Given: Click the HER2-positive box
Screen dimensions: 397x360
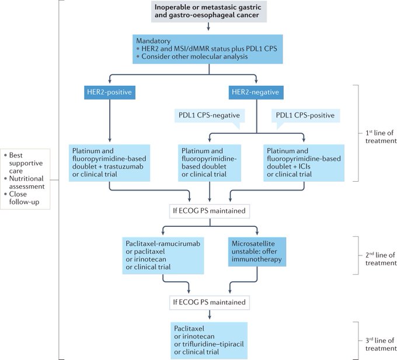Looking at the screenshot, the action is pyautogui.click(x=110, y=92).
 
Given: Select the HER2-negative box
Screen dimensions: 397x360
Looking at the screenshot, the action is pyautogui.click(x=256, y=92).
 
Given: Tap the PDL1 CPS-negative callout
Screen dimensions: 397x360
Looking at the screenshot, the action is pyautogui.click(x=210, y=116).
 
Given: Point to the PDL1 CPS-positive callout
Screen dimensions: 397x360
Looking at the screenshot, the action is pyautogui.click(x=305, y=116).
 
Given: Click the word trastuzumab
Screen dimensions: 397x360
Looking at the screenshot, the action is pyautogui.click(x=124, y=167).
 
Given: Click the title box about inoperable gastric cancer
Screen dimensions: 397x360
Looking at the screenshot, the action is pyautogui.click(x=209, y=11).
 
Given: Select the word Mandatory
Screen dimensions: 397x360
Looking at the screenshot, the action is pyautogui.click(x=153, y=41).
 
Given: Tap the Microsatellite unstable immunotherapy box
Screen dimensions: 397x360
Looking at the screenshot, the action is pyautogui.click(x=257, y=252).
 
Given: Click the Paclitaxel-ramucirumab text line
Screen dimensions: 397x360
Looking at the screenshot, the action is pyautogui.click(x=163, y=244).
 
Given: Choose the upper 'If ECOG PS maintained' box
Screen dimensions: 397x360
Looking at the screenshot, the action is pyautogui.click(x=210, y=211).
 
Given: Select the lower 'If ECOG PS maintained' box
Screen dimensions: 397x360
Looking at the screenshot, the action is pyautogui.click(x=210, y=302).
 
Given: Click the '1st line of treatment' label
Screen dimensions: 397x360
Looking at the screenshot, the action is pyautogui.click(x=381, y=137).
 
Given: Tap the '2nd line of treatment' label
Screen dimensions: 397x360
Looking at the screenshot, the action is pyautogui.click(x=381, y=259).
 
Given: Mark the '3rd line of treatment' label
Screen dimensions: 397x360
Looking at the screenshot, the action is pyautogui.click(x=381, y=345).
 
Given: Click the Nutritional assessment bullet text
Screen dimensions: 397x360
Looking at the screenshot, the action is pyautogui.click(x=27, y=182).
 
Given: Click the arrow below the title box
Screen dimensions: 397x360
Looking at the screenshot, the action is pyautogui.click(x=208, y=27).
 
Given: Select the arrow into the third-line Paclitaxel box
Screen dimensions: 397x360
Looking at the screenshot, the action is pyautogui.click(x=210, y=314).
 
